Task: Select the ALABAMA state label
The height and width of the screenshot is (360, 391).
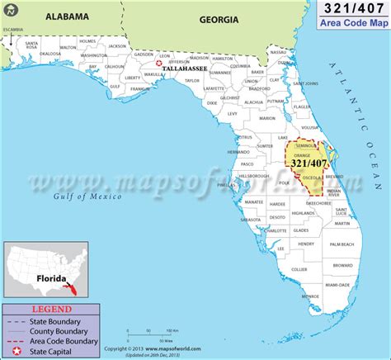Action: click(x=68, y=15)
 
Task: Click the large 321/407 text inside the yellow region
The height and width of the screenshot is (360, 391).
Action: click(x=303, y=165)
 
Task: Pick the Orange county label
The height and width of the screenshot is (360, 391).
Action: click(x=299, y=154)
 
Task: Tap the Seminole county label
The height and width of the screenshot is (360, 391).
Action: click(x=299, y=146)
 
